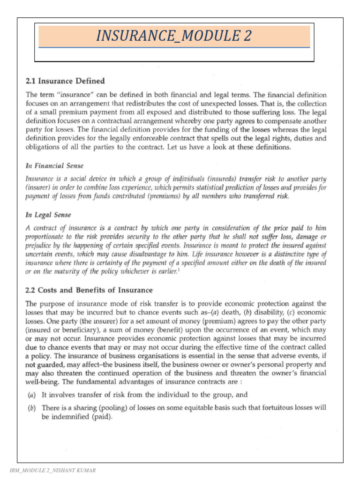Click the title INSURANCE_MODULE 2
[174, 36]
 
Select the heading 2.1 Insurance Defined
[65, 81]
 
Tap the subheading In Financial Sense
[54, 165]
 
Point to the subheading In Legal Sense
[48, 215]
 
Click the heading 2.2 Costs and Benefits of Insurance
[89, 290]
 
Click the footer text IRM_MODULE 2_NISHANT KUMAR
[52, 470]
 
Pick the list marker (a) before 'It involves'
[31, 395]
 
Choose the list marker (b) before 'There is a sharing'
[31, 408]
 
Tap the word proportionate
[47, 237]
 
